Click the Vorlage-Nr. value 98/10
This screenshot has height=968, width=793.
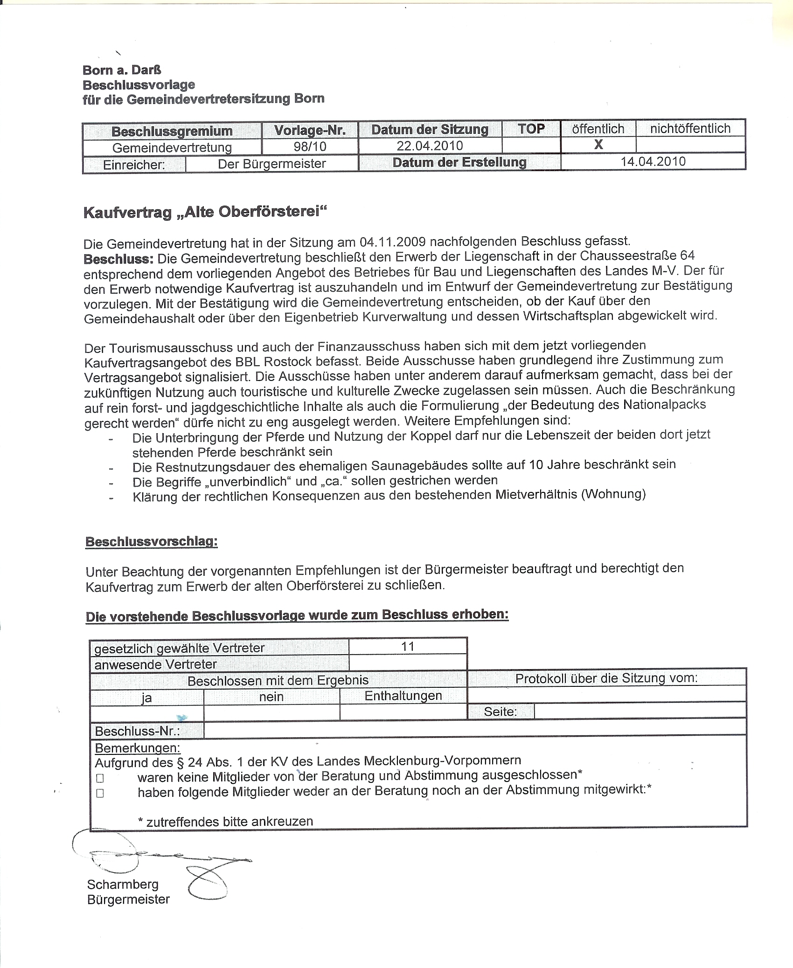click(310, 146)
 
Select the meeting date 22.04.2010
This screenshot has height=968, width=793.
click(430, 146)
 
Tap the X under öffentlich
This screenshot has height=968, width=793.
click(598, 145)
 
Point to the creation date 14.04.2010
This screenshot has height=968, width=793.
click(653, 161)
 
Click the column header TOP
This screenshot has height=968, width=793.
click(531, 129)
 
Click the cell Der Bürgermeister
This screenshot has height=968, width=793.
click(271, 164)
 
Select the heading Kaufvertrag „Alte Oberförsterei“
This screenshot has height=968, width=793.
click(205, 212)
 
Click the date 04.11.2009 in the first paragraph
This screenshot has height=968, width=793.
click(392, 242)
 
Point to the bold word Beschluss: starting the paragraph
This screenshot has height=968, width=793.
click(118, 258)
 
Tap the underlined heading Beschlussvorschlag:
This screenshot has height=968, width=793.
click(152, 542)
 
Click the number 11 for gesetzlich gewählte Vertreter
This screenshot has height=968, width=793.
click(408, 646)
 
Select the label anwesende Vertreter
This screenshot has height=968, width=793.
click(155, 664)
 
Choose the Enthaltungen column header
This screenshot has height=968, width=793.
click(403, 696)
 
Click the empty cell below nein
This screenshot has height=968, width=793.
click(271, 712)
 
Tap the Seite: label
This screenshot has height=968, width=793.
click(500, 712)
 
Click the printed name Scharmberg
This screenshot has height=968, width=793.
click(123, 884)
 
